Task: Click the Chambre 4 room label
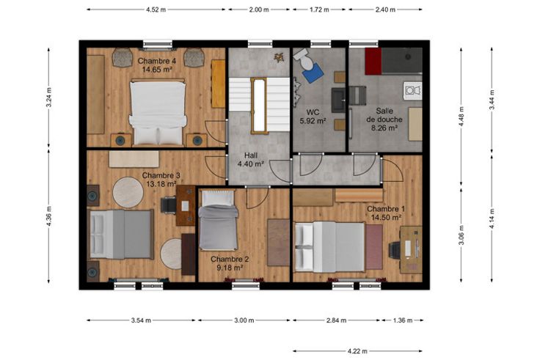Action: tap(157, 62)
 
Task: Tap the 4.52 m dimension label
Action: tap(156, 10)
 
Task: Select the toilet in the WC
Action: tap(304, 58)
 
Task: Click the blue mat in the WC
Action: tap(313, 73)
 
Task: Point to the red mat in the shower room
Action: tap(373, 62)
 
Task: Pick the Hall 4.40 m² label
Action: tap(251, 160)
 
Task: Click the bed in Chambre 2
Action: tap(219, 220)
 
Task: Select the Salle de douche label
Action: tap(384, 115)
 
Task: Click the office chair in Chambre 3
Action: tap(169, 205)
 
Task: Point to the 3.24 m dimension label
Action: tap(49, 98)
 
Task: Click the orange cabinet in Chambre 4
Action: tap(218, 84)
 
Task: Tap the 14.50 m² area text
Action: tap(386, 218)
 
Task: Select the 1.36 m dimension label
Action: tap(403, 320)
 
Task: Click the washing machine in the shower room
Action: tap(413, 90)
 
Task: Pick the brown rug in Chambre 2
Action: tap(279, 242)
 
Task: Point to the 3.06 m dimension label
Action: tap(461, 235)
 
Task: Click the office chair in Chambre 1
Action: tap(395, 250)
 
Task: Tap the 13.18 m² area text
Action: tap(161, 184)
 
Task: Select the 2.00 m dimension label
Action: tap(259, 10)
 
